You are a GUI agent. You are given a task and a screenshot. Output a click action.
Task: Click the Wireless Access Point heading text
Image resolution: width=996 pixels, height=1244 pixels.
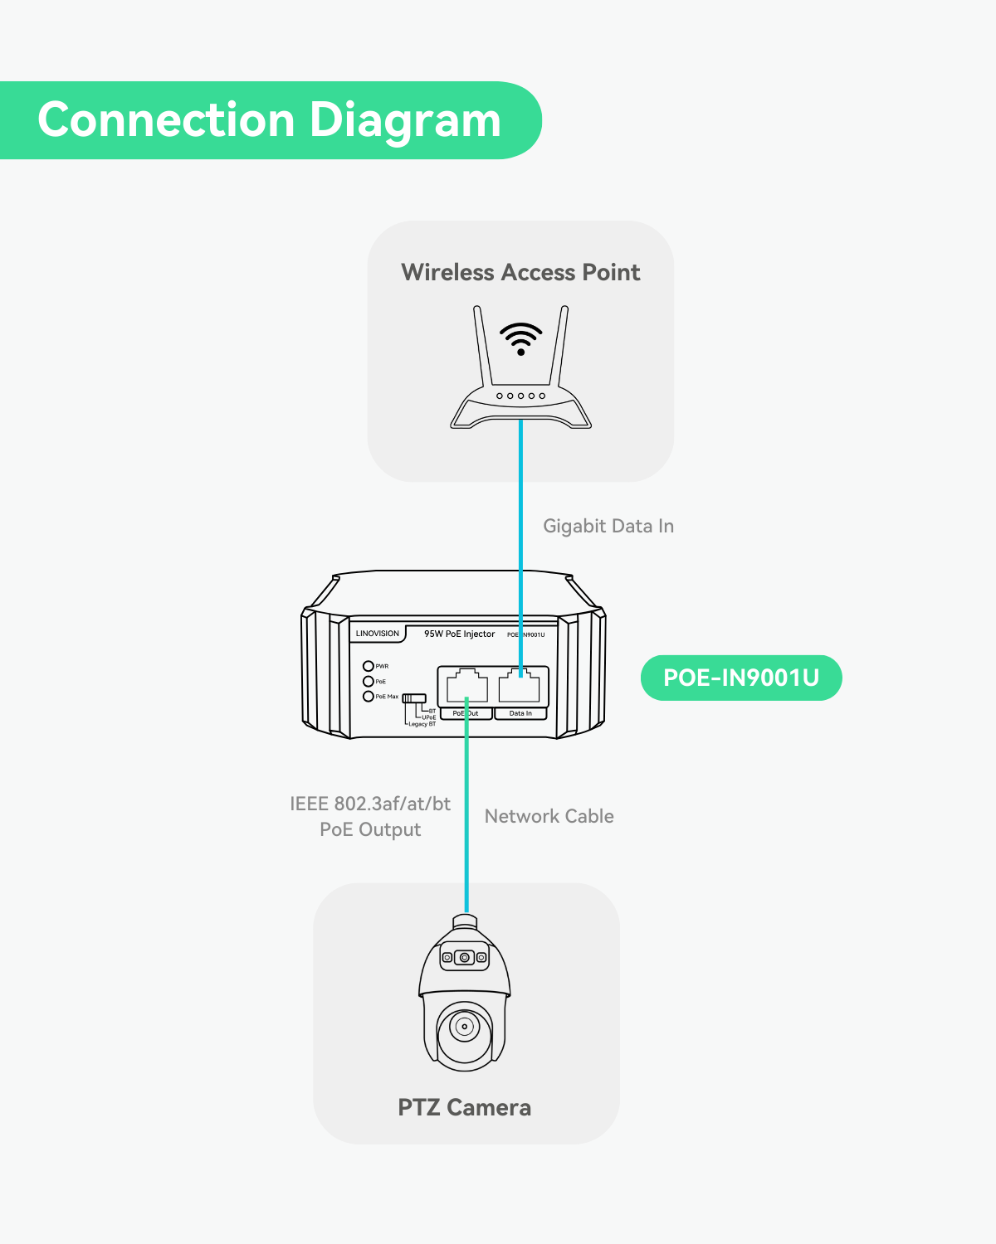[x=520, y=272]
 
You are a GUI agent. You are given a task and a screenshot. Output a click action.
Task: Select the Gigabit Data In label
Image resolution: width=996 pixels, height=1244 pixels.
[x=608, y=526]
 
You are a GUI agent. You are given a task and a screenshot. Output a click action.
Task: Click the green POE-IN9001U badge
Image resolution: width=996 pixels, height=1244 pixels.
[x=740, y=678]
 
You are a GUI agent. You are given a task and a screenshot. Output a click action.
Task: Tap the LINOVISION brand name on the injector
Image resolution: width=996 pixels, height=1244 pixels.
[x=378, y=634]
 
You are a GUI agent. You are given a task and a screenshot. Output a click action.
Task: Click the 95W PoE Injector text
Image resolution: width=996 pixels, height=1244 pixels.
[x=459, y=634]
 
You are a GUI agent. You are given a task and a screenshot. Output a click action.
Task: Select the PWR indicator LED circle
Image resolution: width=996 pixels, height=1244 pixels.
[x=369, y=666]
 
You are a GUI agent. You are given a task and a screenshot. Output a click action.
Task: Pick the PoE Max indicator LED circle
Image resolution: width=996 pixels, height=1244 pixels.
[x=369, y=697]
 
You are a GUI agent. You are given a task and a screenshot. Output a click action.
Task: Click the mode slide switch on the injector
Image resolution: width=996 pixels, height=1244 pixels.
[x=414, y=698]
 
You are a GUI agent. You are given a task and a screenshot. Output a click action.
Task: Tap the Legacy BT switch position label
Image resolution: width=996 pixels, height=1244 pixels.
[x=422, y=724]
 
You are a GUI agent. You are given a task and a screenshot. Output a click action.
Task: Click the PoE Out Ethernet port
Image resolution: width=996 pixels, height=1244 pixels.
[x=466, y=685]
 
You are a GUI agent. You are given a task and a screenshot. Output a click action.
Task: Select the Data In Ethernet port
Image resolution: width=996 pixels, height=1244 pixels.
[x=520, y=685]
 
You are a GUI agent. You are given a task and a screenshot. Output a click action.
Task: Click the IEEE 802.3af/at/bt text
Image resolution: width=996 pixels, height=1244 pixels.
[x=370, y=804]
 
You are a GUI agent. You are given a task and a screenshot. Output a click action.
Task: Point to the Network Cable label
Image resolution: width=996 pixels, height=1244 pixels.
[x=549, y=816]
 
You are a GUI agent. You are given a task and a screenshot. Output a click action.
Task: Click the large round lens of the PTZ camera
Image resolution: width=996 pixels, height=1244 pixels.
[x=465, y=1027]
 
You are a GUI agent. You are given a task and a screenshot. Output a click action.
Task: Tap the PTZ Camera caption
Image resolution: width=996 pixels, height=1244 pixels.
[x=464, y=1107]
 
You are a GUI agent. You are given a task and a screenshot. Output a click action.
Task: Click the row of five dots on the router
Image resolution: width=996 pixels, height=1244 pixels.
[x=520, y=396]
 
